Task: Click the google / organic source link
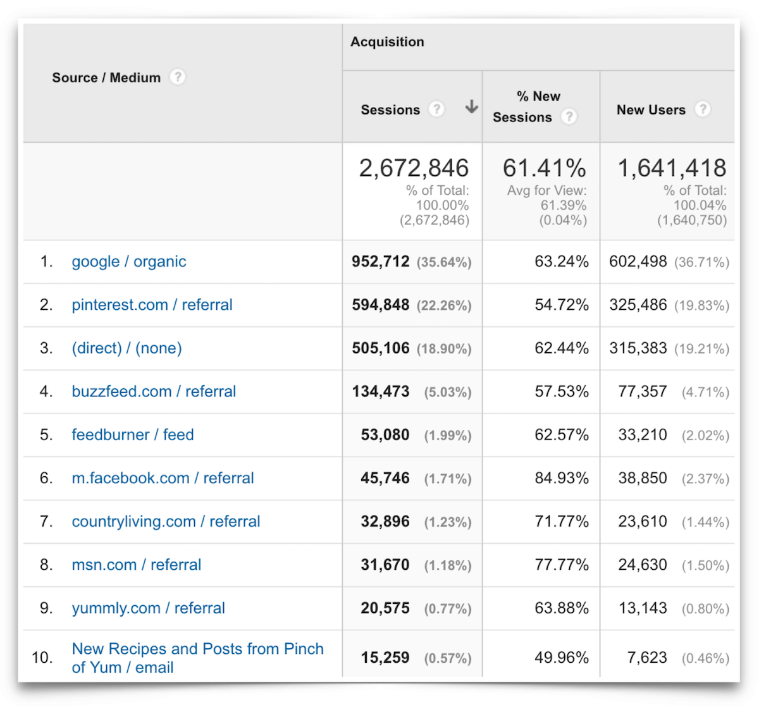[129, 262]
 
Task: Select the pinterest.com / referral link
[152, 305]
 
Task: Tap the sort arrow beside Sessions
[471, 108]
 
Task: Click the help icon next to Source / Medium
[178, 77]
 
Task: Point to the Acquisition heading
[387, 42]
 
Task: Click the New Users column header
[651, 110]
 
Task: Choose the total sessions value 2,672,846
[414, 168]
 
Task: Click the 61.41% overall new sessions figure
[544, 168]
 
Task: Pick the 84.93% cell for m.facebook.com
[561, 478]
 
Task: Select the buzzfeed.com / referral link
[154, 391]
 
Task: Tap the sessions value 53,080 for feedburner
[385, 435]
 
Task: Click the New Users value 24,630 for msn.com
[643, 565]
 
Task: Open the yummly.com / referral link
[148, 608]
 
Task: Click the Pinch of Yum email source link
[197, 658]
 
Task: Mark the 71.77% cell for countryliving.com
[561, 522]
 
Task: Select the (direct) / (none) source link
[126, 348]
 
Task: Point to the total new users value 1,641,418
[672, 168]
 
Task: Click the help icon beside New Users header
[702, 109]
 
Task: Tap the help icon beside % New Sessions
[569, 117]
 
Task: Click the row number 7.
[46, 522]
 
